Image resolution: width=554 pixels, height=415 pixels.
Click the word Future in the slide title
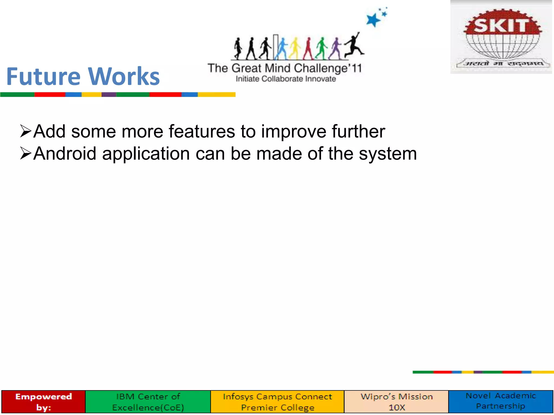click(43, 76)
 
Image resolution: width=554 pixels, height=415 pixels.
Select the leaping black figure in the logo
click(354, 46)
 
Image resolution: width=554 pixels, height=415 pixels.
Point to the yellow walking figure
click(295, 49)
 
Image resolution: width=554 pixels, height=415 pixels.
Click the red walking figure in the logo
click(308, 49)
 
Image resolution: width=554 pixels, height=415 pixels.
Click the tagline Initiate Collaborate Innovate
click(286, 79)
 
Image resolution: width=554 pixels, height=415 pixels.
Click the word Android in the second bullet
click(65, 154)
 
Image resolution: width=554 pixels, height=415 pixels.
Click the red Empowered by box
click(44, 402)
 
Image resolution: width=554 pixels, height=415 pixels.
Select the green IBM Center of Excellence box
click(148, 402)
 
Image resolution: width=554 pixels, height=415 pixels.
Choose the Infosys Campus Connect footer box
click(277, 402)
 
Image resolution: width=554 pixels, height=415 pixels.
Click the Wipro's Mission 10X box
click(397, 402)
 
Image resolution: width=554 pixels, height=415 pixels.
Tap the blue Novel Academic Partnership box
click(501, 401)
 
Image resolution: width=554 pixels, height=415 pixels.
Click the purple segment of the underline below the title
click(109, 95)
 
